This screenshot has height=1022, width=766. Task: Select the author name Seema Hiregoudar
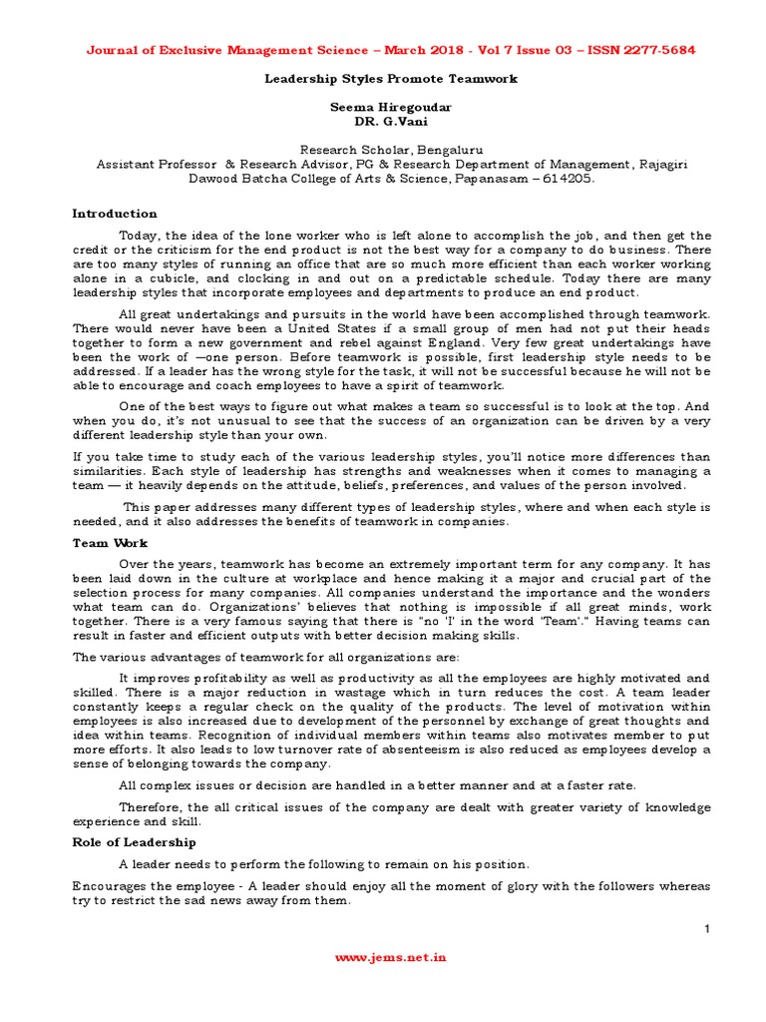pos(383,106)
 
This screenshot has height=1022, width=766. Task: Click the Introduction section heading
pos(114,214)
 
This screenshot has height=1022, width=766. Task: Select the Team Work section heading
pos(110,543)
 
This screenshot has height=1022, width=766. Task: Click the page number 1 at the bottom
pos(706,930)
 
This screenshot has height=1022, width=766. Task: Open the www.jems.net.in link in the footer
pos(390,957)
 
